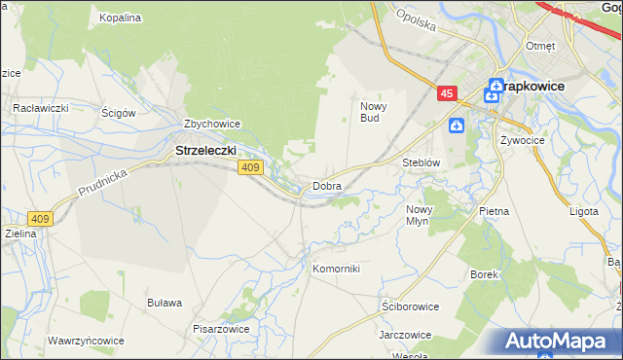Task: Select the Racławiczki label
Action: [39, 108]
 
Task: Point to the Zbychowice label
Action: [212, 124]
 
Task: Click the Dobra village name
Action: [326, 185]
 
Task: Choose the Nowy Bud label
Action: [375, 112]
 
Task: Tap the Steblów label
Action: [422, 162]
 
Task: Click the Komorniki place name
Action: [336, 268]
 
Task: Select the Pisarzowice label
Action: [221, 328]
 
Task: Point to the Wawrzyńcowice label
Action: [85, 342]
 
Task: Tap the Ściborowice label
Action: [410, 306]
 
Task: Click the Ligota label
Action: [584, 210]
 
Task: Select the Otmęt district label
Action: [540, 46]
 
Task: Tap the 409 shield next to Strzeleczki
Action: [250, 168]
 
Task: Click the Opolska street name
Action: [415, 20]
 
